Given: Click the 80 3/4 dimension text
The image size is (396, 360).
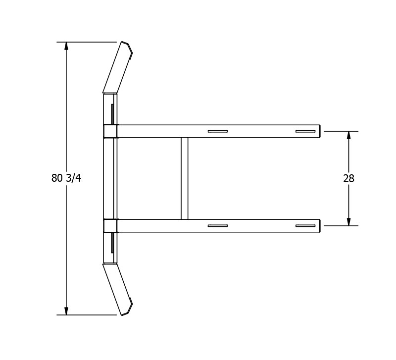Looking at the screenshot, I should [x=66, y=178].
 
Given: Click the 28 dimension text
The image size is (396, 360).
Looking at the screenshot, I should [x=348, y=179].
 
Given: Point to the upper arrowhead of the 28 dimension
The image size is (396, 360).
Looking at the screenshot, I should [x=348, y=136].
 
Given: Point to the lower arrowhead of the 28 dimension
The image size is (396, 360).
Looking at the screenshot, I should [x=348, y=221].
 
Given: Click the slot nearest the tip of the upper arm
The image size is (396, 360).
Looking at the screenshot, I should [x=305, y=131].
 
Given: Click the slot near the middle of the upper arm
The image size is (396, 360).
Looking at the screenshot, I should [x=217, y=131].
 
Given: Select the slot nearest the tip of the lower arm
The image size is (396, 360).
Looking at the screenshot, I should [x=305, y=226].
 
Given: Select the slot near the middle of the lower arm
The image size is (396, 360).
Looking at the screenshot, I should [x=217, y=226].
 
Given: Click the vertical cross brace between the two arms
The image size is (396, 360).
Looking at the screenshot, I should [x=185, y=178].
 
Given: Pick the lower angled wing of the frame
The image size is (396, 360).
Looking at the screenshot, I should [x=117, y=289].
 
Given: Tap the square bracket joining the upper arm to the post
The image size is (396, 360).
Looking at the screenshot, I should [x=110, y=131].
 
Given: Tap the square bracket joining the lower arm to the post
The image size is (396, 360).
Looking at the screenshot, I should [x=110, y=226].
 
